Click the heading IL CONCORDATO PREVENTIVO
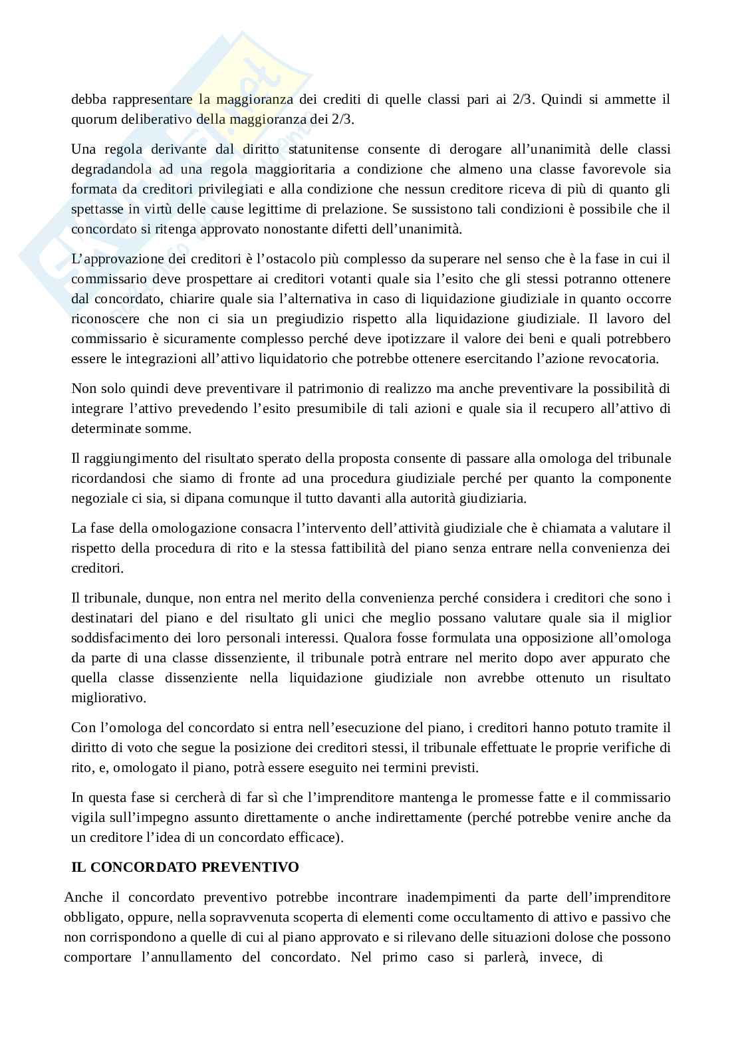pyautogui.click(x=185, y=867)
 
